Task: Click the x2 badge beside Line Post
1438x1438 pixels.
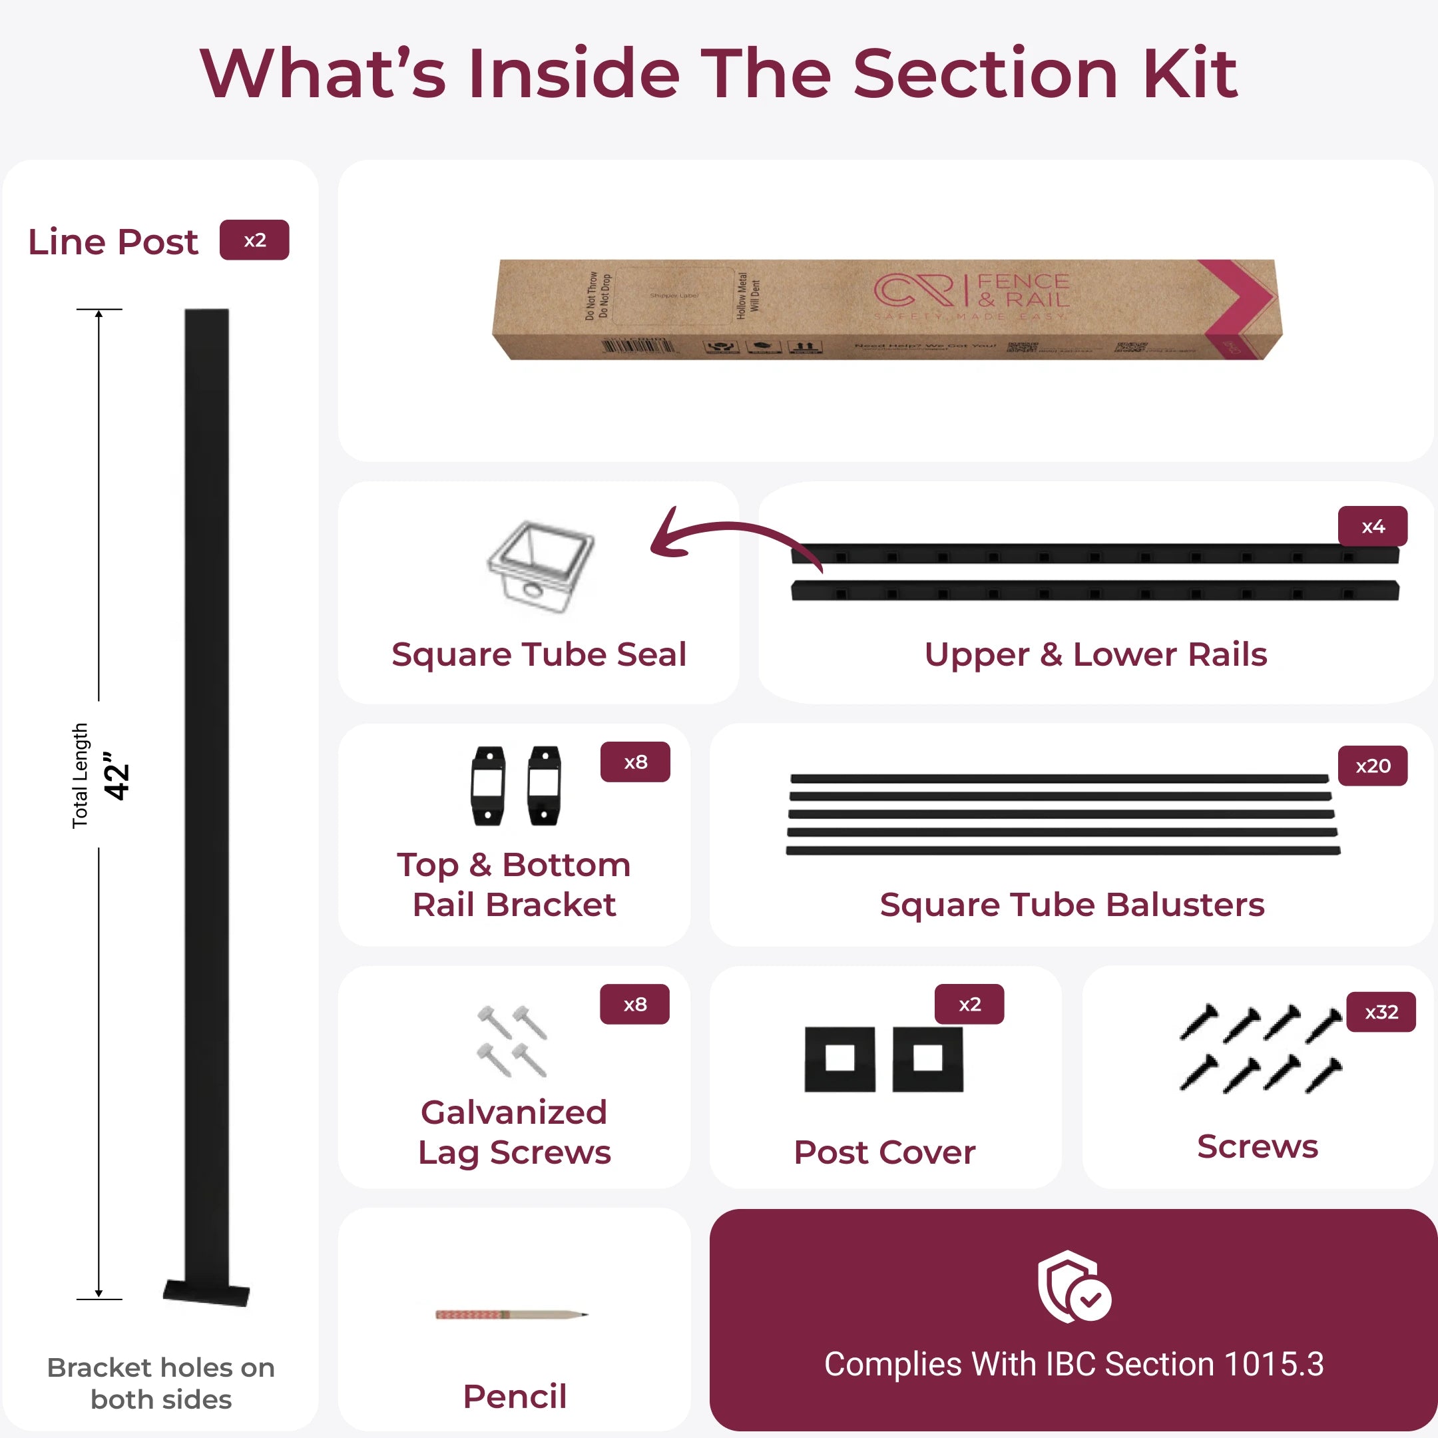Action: coord(254,240)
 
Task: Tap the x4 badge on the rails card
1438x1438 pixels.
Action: coord(1373,527)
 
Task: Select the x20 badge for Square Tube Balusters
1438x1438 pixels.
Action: coord(1373,766)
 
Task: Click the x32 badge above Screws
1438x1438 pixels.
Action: coord(1381,1012)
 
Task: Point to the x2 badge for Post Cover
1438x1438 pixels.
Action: coord(969,1005)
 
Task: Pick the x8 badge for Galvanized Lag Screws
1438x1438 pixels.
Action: coord(635,1005)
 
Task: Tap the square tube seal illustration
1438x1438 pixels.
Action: coord(541,567)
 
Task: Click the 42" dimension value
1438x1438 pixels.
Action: coord(117,776)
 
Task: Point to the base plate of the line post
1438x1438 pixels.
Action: coord(206,1294)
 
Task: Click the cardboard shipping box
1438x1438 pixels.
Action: coord(885,310)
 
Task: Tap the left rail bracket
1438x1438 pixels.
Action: coord(488,786)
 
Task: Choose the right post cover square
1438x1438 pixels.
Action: coord(927,1059)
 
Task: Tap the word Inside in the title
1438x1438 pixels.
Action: coord(574,74)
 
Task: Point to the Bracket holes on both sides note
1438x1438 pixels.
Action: coord(160,1383)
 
